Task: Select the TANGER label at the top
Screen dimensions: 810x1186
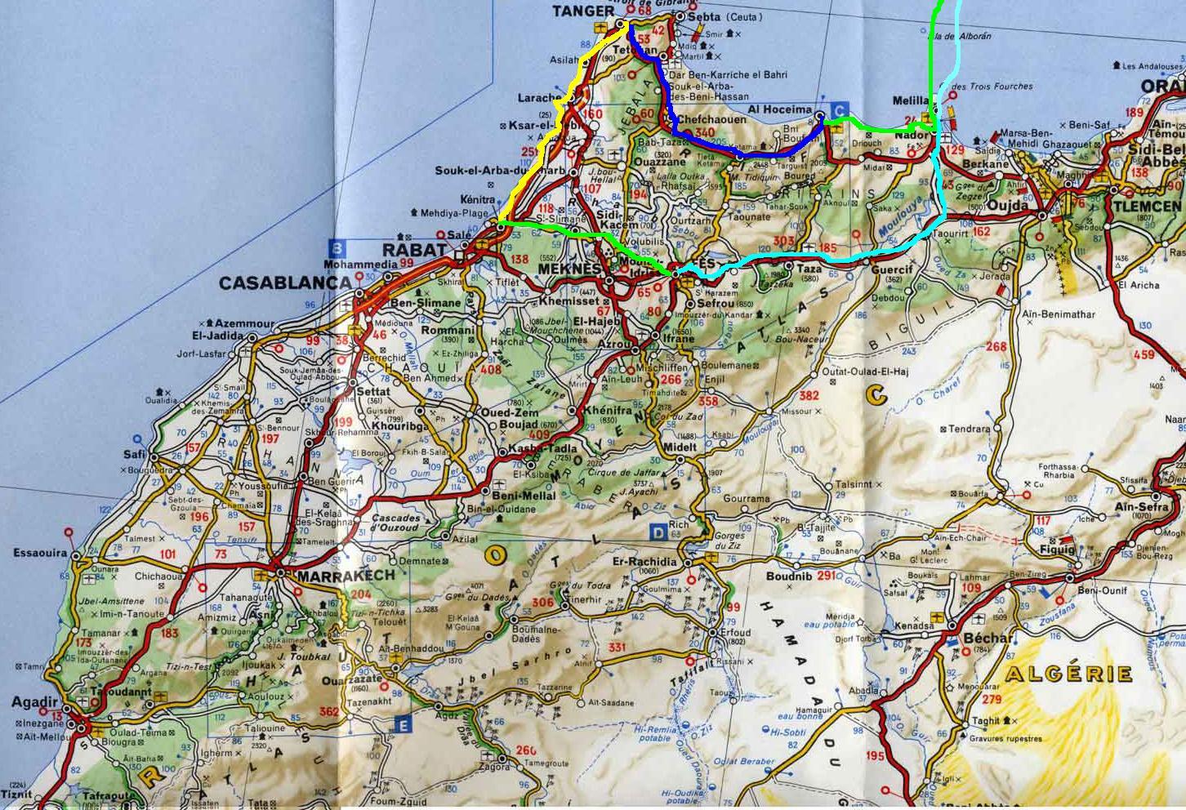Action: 582,11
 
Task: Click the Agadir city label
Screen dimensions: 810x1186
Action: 35,702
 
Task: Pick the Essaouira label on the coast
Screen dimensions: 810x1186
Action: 40,554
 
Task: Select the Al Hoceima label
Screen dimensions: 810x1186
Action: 780,109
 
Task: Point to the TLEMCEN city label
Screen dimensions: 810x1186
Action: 1147,207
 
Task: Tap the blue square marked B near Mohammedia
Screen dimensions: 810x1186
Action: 335,246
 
